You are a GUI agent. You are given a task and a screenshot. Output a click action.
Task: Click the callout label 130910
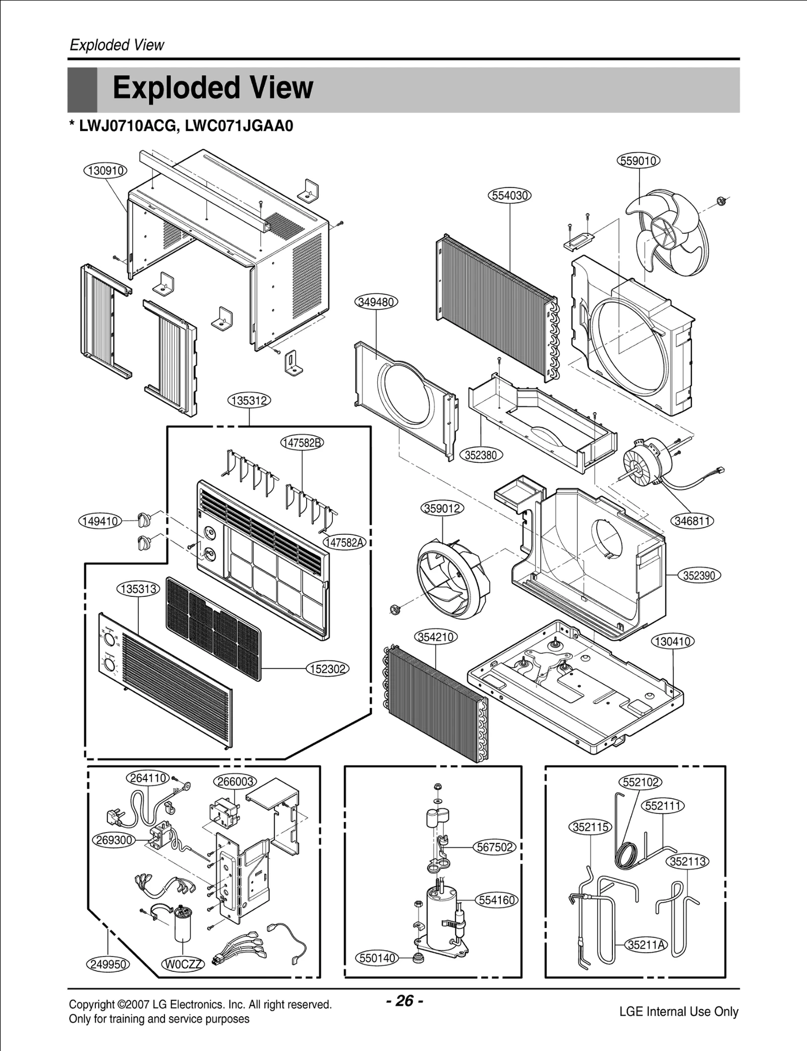(105, 171)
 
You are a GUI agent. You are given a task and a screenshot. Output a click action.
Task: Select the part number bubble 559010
(639, 161)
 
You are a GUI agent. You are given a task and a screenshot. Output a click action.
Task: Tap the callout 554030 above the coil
(510, 195)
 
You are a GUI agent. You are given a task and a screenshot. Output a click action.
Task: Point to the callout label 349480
(377, 302)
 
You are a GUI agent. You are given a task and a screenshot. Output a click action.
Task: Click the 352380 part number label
(481, 455)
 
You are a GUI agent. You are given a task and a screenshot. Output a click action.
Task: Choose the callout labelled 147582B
(302, 443)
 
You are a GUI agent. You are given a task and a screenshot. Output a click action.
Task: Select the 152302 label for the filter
(328, 669)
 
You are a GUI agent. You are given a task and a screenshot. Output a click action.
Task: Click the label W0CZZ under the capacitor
(183, 964)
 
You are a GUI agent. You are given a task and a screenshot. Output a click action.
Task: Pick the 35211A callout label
(646, 945)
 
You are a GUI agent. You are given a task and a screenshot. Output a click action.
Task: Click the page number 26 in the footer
(405, 1001)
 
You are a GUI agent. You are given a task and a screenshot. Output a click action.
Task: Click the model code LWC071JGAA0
(239, 126)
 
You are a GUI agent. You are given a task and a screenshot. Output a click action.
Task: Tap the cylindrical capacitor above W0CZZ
(182, 926)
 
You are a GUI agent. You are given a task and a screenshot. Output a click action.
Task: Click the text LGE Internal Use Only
(679, 1012)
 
